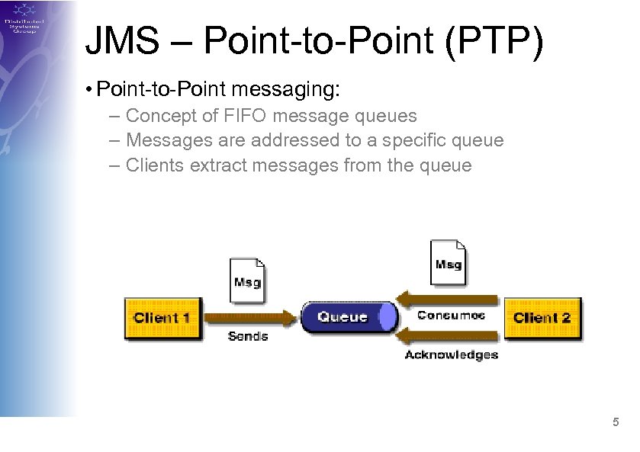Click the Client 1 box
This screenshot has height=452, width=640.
point(162,318)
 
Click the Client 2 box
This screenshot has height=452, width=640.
point(542,318)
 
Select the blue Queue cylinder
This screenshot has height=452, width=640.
point(348,317)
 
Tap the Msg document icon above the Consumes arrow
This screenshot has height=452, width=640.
point(448,262)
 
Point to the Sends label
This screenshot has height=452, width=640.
point(248,336)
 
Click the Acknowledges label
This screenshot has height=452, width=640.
point(451,354)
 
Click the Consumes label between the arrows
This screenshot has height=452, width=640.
point(451,316)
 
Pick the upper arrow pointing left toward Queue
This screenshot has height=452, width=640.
point(450,297)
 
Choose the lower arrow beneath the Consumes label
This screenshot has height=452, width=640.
point(450,334)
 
